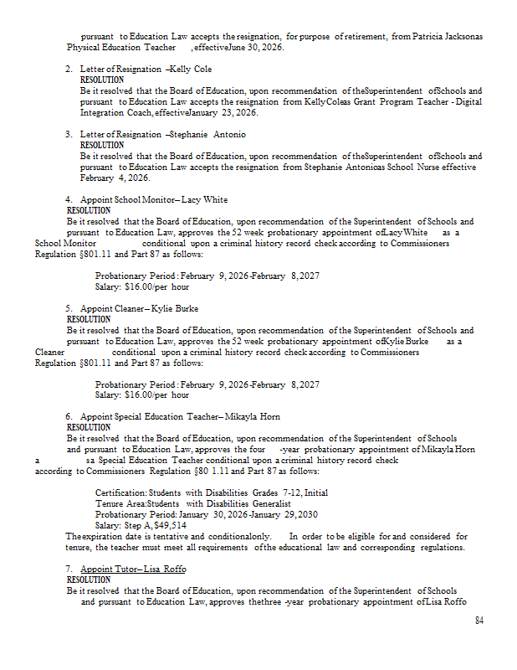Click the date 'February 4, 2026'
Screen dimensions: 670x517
114,178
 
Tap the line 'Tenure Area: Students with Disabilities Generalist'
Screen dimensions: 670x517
192,503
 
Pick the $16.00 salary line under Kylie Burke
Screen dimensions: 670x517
142,394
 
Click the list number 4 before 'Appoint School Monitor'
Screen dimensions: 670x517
69,199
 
